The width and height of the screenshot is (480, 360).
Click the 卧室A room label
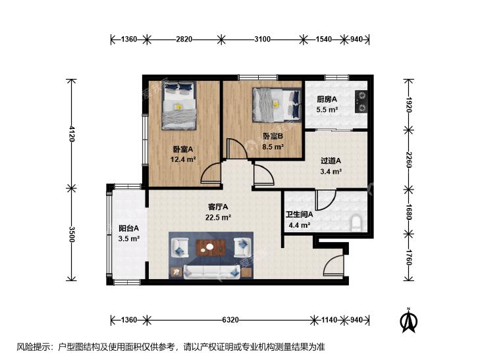tap(183, 149)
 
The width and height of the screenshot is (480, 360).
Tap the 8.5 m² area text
tap(273, 147)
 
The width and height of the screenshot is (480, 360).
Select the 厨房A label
tap(327, 99)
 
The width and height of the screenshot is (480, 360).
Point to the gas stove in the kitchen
tap(361, 101)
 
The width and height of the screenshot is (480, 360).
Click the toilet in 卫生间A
tap(356, 222)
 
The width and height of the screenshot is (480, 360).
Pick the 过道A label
tap(331, 161)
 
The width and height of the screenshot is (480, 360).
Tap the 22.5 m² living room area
tap(218, 217)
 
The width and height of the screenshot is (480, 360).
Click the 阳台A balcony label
tap(129, 228)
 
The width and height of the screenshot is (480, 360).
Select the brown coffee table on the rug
tap(211, 247)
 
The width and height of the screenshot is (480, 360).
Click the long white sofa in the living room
tap(211, 272)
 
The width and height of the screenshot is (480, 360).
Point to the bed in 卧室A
tap(179, 105)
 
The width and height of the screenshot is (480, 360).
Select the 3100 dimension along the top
tap(262, 39)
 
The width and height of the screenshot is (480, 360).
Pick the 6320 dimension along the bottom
tap(230, 320)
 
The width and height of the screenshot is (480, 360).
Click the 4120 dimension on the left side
tap(72, 134)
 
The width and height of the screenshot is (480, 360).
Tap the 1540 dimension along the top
tap(323, 39)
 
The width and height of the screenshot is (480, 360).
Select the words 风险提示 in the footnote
tap(30, 347)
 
